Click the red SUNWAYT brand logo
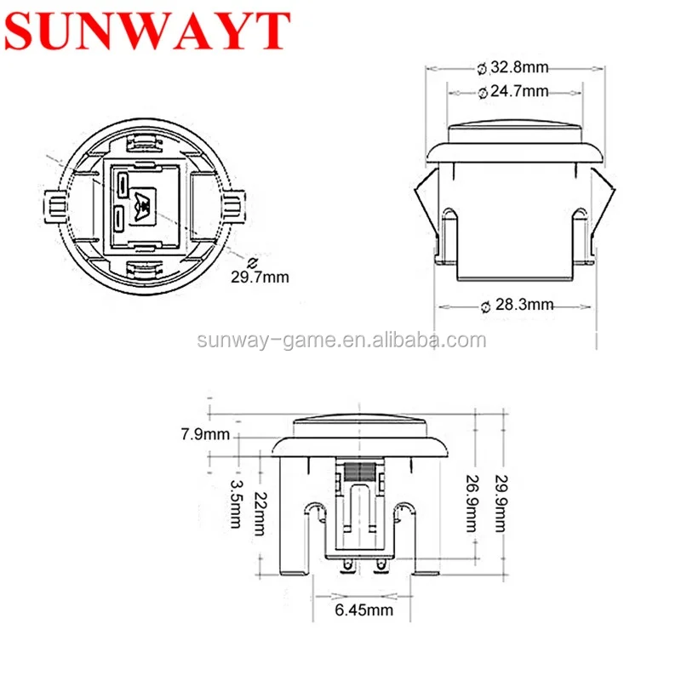[146, 31]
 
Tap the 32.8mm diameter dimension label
[512, 68]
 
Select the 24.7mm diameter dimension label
[512, 92]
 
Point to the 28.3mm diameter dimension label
[518, 305]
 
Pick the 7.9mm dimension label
[205, 434]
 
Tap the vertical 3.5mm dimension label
[236, 504]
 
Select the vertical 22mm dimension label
[260, 513]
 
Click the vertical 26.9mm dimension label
[472, 504]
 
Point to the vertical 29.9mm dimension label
[501, 504]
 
